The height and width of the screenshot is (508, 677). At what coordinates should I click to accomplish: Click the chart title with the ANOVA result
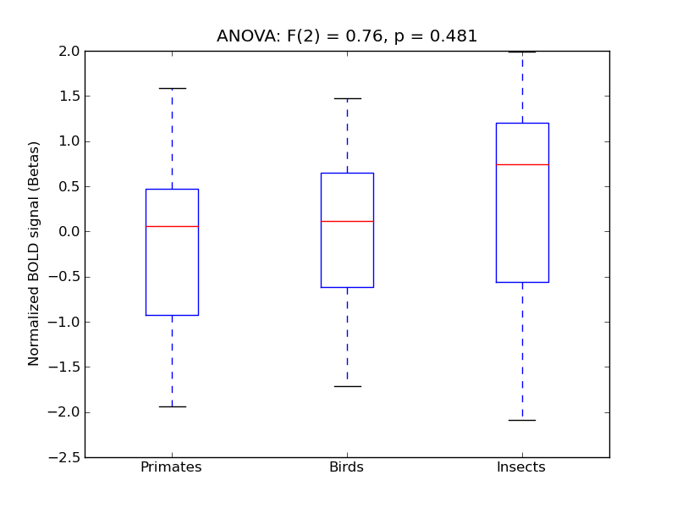(347, 36)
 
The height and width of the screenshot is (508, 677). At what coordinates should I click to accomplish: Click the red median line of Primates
(172, 226)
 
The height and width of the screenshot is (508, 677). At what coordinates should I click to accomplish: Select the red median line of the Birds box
(347, 221)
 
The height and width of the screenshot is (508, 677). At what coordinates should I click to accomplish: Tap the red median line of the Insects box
(522, 164)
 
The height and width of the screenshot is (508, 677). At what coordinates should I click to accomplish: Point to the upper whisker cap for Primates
(172, 88)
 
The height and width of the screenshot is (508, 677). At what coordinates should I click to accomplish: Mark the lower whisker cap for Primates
(172, 406)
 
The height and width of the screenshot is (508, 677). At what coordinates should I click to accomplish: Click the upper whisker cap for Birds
(347, 98)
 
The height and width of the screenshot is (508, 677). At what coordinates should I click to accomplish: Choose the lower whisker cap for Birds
(347, 386)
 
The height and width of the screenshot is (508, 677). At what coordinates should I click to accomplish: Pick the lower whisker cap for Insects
(522, 420)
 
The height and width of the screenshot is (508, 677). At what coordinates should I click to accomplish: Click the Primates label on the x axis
(171, 467)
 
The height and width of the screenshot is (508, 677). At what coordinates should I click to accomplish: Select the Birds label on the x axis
(346, 467)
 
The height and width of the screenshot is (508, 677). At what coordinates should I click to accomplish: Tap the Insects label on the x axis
(520, 467)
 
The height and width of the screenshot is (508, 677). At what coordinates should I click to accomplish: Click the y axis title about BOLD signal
(35, 254)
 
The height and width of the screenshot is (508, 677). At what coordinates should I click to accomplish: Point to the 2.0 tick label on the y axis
(69, 51)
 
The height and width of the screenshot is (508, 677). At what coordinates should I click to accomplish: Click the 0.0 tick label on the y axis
(69, 231)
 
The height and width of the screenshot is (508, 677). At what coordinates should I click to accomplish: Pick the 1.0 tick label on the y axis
(69, 141)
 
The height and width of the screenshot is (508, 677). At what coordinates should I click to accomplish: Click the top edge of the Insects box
(522, 123)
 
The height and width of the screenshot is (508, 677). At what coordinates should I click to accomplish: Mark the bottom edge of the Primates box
(172, 315)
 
